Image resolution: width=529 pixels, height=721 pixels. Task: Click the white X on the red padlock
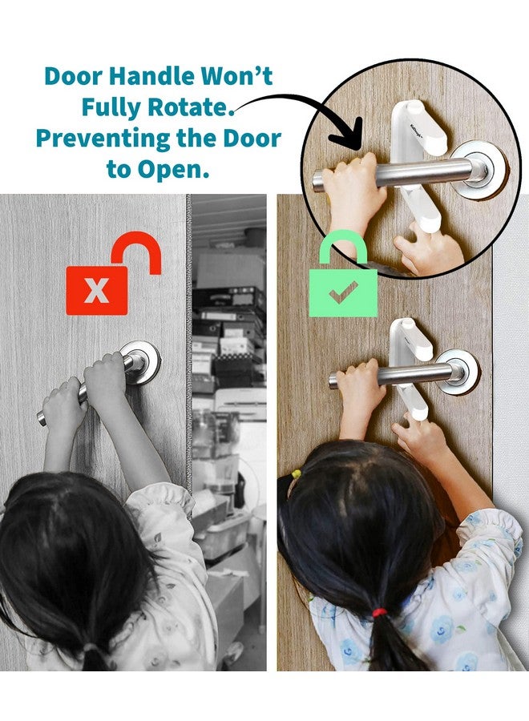(96, 289)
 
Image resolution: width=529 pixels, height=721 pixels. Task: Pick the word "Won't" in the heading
(237, 77)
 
